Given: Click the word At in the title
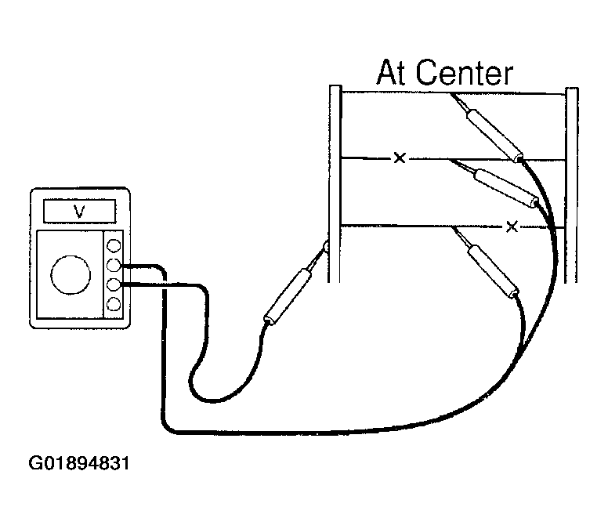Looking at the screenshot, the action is pyautogui.click(x=392, y=73).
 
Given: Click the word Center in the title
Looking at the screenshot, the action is pyautogui.click(x=465, y=73).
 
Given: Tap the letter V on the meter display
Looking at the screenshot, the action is pyautogui.click(x=79, y=212).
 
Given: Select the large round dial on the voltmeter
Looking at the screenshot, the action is pyautogui.click(x=71, y=274).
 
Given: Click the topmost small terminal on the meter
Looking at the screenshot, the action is pyautogui.click(x=114, y=245).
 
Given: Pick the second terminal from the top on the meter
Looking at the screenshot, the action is pyautogui.click(x=114, y=265).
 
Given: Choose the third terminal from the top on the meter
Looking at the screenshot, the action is pyautogui.click(x=114, y=285).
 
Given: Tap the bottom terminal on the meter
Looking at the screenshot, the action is pyautogui.click(x=114, y=304).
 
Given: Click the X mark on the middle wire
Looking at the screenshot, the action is pyautogui.click(x=400, y=158).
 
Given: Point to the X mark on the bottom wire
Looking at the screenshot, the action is pyautogui.click(x=512, y=226).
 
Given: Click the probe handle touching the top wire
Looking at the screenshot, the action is pyautogui.click(x=494, y=135).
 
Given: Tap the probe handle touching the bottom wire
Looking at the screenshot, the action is pyautogui.click(x=494, y=271).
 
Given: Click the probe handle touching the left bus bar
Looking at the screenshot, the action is pyautogui.click(x=288, y=297).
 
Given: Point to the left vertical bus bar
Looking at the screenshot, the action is pyautogui.click(x=335, y=183).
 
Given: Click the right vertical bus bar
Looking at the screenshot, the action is pyautogui.click(x=571, y=185).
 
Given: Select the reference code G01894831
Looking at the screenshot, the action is pyautogui.click(x=79, y=463).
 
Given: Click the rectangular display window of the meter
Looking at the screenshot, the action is pyautogui.click(x=79, y=212).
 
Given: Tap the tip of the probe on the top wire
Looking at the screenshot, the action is pyautogui.click(x=451, y=94).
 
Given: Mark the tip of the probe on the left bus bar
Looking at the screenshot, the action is pyautogui.click(x=327, y=244).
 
